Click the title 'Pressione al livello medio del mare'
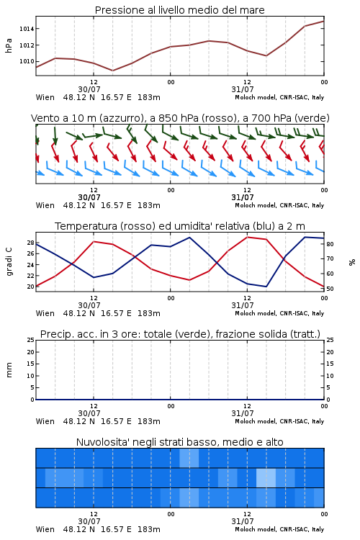[179, 10]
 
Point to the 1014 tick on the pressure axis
[27, 29]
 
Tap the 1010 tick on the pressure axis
[27, 61]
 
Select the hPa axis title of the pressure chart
[9, 45]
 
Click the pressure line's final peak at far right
[323, 22]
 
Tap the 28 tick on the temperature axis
[31, 243]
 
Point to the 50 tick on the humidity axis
[330, 289]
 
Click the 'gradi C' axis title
[9, 262]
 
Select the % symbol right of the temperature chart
[352, 262]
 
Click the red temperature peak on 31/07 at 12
[248, 237]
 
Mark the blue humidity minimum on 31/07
[266, 287]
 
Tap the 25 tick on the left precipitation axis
[31, 340]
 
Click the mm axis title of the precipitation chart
[9, 370]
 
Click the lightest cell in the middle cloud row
[266, 477]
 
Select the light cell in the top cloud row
[189, 458]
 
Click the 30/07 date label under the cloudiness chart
[89, 521]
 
